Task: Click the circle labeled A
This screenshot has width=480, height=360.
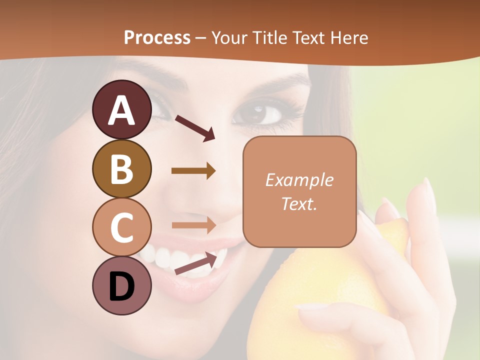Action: [x=122, y=109]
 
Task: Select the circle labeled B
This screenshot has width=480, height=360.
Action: [x=122, y=168]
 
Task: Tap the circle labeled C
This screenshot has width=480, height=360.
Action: [x=122, y=227]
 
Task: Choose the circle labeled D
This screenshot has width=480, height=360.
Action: [x=122, y=285]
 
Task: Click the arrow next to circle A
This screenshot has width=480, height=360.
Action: [x=194, y=127]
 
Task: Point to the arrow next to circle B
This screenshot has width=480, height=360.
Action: [x=193, y=171]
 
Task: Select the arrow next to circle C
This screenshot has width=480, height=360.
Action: [x=193, y=224]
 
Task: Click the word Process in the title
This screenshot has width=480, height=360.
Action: [x=157, y=37]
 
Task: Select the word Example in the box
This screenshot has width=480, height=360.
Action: [x=299, y=180]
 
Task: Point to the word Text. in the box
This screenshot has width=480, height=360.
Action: [x=299, y=203]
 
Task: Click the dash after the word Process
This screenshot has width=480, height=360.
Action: [x=200, y=38]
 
